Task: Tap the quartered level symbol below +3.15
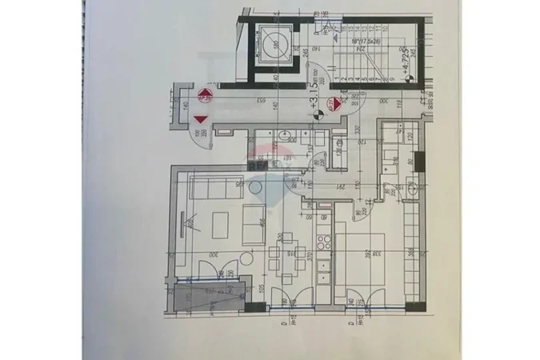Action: click(318, 115)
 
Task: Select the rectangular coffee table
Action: click(254, 225)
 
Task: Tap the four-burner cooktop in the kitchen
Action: click(324, 239)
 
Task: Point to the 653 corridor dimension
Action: click(260, 100)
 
